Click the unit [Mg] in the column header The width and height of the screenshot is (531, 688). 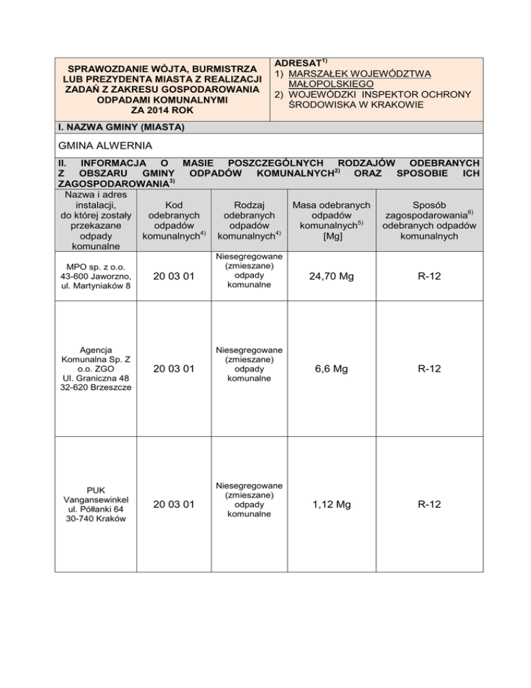tap(329, 237)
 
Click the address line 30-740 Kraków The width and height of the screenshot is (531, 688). tap(88, 519)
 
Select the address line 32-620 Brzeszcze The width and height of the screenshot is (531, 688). tap(88, 386)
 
